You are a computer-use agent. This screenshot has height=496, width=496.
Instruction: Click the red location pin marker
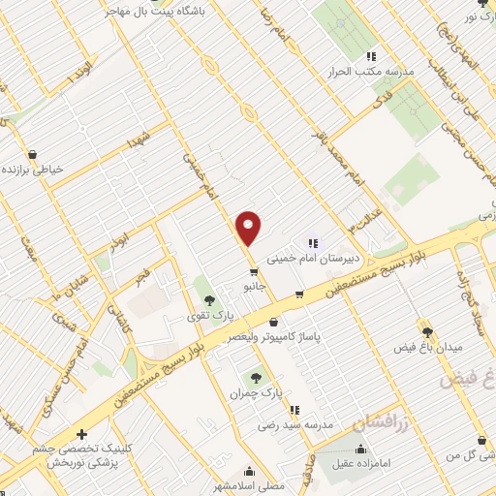coord(249,228)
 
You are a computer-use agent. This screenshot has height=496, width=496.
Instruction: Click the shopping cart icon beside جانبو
coord(253,271)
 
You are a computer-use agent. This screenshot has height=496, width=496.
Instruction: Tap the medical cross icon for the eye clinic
coord(81,435)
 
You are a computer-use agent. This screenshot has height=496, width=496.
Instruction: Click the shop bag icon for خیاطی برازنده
coord(32,155)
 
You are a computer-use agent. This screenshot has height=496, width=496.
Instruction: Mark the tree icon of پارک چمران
coord(256,379)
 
